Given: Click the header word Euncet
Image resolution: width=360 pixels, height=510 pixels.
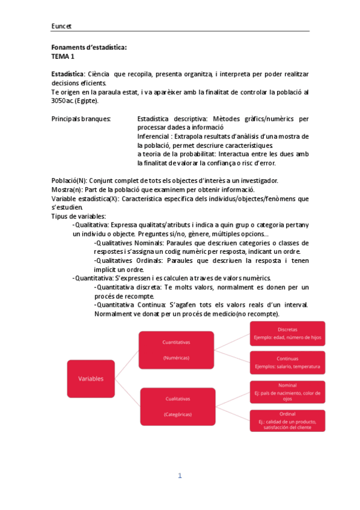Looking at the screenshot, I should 61,26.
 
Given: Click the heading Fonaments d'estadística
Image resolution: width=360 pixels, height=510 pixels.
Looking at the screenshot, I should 89,48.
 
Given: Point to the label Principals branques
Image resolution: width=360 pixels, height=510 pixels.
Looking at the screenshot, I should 81,118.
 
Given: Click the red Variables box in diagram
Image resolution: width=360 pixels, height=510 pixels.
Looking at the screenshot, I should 91,379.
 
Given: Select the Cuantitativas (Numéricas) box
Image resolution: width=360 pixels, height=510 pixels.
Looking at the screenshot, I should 176,349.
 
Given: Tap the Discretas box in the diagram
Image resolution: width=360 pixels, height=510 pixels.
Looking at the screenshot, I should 287,333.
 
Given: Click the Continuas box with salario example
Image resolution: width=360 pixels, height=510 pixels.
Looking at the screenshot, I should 287,362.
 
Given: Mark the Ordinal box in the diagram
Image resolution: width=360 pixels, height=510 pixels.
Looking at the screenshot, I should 287,420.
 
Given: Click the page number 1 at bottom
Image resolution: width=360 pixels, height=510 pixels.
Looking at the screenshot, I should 179,476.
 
